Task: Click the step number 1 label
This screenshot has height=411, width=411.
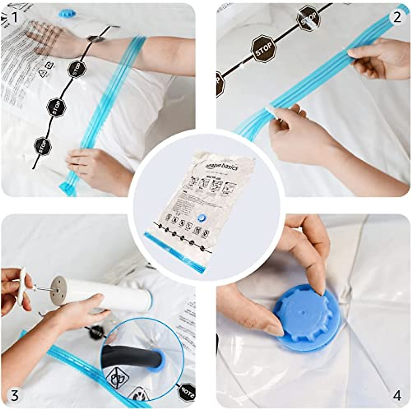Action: point(14,16)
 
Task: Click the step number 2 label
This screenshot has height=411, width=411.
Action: point(396,16)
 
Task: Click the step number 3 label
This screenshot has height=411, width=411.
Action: point(14,396)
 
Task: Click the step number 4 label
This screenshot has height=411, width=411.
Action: point(397,396)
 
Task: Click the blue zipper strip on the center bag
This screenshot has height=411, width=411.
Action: point(175,253)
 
